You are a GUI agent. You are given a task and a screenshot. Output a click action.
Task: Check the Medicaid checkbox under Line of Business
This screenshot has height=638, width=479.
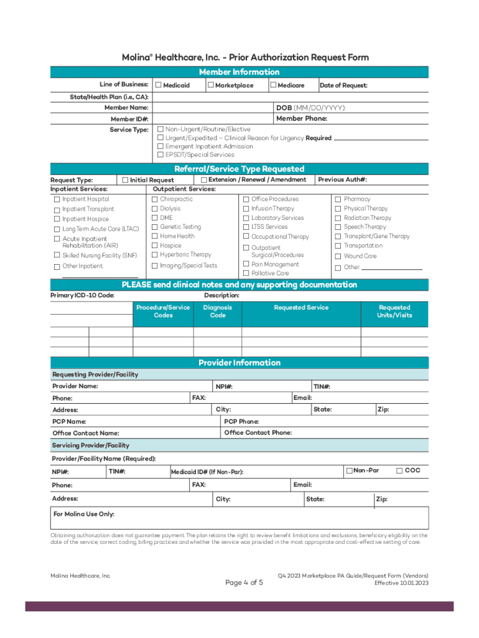tap(159, 85)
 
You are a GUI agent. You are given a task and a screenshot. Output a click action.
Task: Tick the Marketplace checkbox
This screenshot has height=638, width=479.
tap(211, 85)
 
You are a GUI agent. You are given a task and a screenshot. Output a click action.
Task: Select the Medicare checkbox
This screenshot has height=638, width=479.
tap(273, 85)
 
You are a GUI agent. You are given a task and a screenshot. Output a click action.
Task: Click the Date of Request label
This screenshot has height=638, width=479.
tap(343, 85)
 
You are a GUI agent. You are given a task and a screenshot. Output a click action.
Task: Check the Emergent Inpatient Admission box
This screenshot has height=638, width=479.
tap(160, 146)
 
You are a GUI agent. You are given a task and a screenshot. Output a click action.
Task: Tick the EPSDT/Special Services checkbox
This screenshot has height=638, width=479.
tap(160, 155)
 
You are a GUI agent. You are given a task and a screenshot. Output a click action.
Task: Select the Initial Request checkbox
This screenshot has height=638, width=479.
tap(125, 180)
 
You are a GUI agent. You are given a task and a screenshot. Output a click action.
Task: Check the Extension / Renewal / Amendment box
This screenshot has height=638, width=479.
tap(204, 179)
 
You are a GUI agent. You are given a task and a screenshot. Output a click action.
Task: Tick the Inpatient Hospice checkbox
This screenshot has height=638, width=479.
tap(57, 219)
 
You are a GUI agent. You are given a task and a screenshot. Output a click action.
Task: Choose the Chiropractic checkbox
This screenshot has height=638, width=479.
tap(155, 199)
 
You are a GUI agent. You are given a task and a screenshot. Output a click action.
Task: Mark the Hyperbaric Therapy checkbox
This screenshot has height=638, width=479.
tap(155, 255)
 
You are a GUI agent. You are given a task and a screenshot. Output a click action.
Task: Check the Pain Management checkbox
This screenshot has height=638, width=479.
tap(246, 264)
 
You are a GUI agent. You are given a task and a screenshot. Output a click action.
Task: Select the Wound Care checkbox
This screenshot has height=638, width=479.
tap(338, 256)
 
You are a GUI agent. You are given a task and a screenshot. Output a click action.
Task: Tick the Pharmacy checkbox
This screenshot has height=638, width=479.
tap(338, 199)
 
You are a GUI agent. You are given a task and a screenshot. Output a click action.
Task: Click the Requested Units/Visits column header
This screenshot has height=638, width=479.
tap(394, 312)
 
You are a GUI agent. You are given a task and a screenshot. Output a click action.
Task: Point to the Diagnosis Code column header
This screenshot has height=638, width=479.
tap(218, 312)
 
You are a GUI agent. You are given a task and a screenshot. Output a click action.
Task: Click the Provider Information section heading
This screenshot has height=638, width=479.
tap(240, 363)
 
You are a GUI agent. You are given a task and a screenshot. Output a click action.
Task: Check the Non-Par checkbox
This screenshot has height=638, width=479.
tap(349, 470)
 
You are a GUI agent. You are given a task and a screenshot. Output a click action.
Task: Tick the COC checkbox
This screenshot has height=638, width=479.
tap(400, 470)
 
